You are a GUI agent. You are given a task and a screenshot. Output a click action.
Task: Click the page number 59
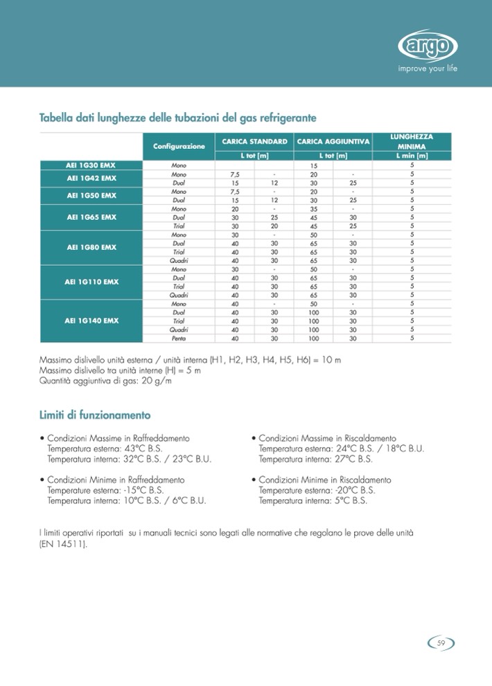click(441, 643)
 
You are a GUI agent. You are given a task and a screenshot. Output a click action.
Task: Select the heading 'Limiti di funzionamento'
click(95, 415)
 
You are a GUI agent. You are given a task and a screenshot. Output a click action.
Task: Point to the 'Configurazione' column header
click(179, 147)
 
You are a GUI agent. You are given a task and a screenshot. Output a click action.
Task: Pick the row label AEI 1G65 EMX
click(91, 217)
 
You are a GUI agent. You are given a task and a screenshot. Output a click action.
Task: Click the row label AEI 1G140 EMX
click(91, 321)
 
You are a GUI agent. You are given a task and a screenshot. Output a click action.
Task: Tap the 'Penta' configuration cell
click(178, 339)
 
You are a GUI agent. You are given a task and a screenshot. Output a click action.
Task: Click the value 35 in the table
click(313, 208)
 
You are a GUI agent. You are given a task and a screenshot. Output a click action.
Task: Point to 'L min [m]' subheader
click(411, 157)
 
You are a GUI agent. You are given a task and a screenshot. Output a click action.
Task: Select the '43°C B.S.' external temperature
click(143, 449)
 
